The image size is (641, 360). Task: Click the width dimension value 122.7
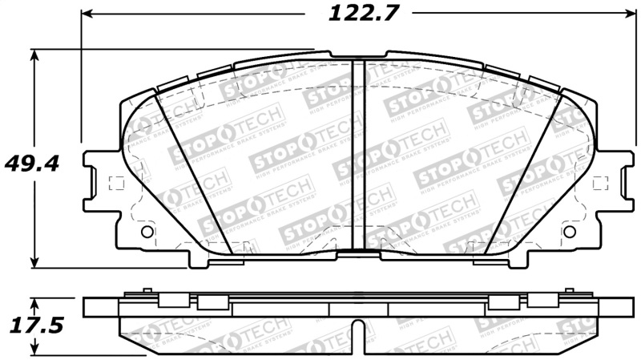353,14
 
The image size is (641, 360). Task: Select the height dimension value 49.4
33,164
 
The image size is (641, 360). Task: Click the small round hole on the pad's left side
146,232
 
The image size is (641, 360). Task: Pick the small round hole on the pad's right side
570,232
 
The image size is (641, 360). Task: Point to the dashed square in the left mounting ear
115,182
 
